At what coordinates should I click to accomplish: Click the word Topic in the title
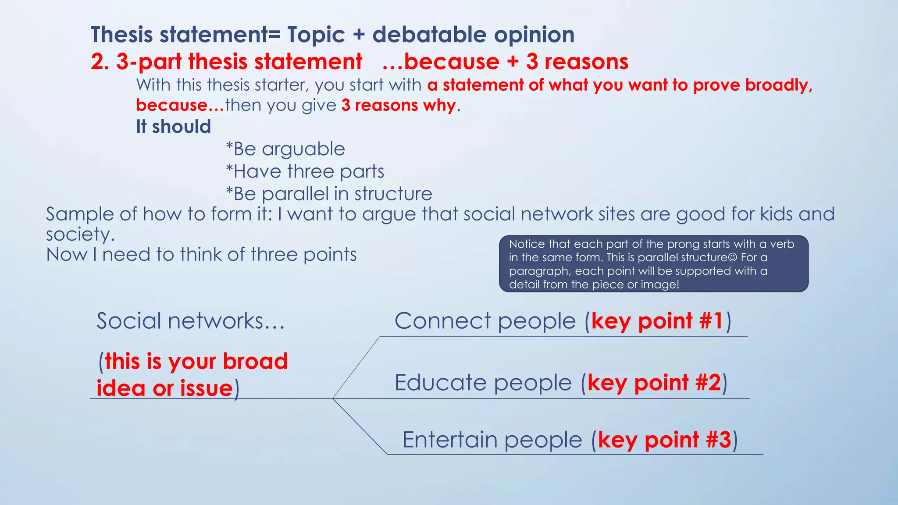[316, 35]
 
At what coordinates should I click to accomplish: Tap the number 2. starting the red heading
[100, 62]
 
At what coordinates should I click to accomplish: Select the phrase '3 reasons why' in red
[399, 105]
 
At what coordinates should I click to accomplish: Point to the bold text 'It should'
[174, 127]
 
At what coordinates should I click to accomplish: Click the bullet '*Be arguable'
[285, 149]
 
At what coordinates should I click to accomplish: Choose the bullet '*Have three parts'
[305, 171]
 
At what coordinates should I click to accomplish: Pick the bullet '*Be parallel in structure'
[329, 194]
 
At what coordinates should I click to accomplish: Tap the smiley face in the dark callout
[732, 257]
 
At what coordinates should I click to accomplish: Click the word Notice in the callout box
[527, 244]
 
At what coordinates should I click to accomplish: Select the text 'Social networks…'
[191, 321]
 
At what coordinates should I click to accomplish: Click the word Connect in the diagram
[442, 321]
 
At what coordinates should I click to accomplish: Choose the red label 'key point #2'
[654, 383]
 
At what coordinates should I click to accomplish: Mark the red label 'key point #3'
[664, 440]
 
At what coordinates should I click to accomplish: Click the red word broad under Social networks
[255, 361]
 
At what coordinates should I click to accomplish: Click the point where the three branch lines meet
[333, 398]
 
